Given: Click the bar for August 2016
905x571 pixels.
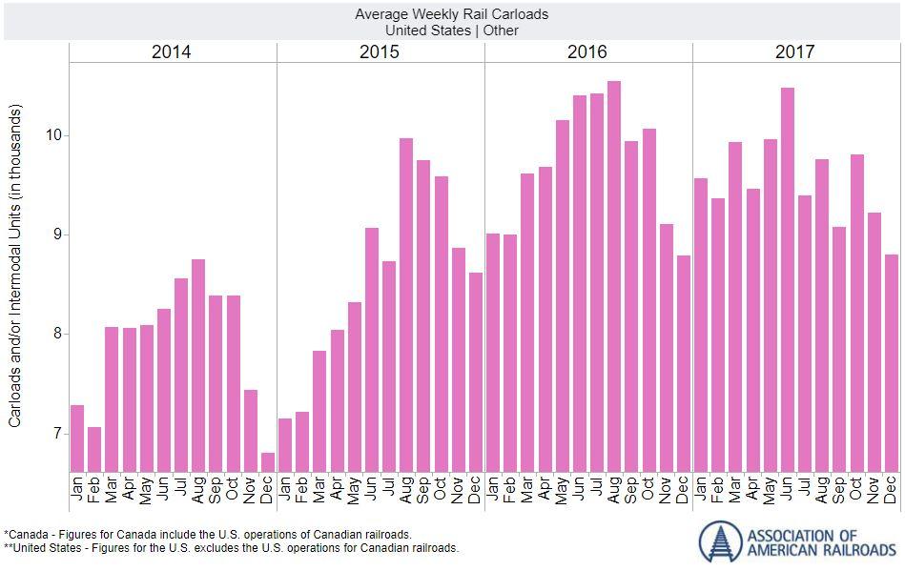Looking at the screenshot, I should [x=614, y=276].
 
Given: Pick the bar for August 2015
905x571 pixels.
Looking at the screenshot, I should [x=406, y=305].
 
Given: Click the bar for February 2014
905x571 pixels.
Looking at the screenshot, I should [x=94, y=449].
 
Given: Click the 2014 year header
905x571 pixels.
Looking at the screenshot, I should [x=172, y=52].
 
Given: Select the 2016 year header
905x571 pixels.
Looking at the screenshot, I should [x=587, y=52].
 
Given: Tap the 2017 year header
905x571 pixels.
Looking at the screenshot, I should [x=795, y=52].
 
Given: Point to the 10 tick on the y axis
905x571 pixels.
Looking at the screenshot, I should [x=53, y=135].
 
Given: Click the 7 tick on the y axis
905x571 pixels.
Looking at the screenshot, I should [x=57, y=434].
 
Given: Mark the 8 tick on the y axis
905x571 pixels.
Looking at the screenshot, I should [x=57, y=334].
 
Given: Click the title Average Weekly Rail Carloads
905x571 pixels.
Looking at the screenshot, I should [x=452, y=14].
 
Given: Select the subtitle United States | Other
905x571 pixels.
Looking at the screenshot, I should [x=452, y=30].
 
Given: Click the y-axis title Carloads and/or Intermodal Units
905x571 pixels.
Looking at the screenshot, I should [x=15, y=276].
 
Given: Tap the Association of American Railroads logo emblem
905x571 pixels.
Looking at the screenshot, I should [x=720, y=541].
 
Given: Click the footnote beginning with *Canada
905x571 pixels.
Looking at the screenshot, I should [x=208, y=535].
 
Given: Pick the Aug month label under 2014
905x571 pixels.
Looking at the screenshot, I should [x=198, y=491].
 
